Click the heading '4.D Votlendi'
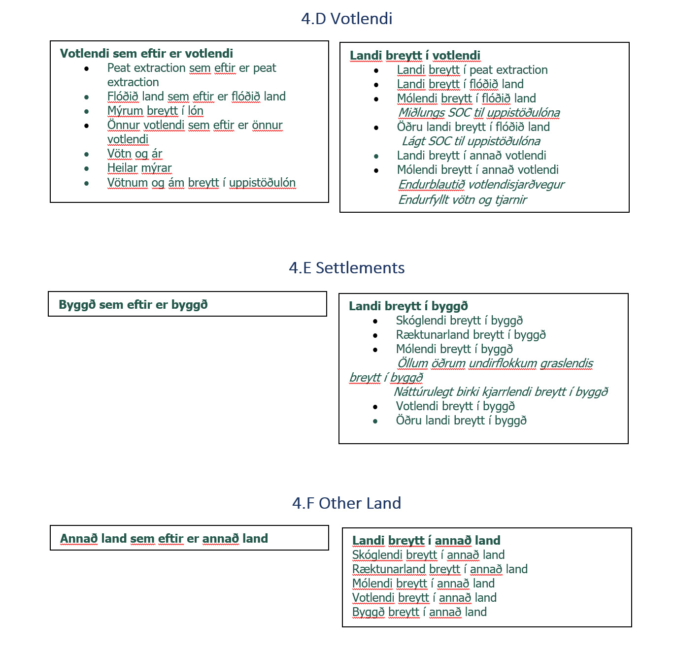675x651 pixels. tap(346, 19)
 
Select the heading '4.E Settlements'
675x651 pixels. tap(346, 268)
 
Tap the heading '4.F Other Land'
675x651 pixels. tap(346, 503)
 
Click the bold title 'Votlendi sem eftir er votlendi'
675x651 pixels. tap(146, 54)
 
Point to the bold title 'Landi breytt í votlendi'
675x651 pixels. tap(415, 56)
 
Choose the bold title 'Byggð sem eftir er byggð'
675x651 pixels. tap(133, 305)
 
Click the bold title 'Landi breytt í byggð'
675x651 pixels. tap(408, 306)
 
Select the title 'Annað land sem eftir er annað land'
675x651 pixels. tap(164, 539)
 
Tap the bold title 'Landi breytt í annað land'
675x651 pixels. tap(426, 541)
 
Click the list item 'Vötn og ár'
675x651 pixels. tap(135, 154)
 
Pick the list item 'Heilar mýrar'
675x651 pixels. tap(139, 168)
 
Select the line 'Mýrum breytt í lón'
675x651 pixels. tap(155, 111)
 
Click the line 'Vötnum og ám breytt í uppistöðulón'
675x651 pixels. tap(201, 183)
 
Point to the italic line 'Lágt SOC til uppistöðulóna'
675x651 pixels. tap(471, 142)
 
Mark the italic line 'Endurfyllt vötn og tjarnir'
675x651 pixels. tap(462, 200)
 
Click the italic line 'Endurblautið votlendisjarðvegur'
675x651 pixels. tap(481, 185)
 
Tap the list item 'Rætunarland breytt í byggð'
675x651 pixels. tap(471, 335)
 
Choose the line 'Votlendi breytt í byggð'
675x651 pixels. tap(455, 407)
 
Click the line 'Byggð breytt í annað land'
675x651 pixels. tap(419, 612)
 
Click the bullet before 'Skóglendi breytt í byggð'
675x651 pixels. tap(375, 322)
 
